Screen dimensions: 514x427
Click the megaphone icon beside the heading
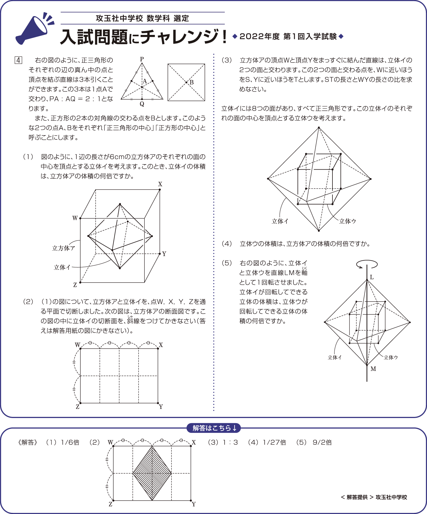pos(34,28)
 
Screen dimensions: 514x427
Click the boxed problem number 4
pos(18,60)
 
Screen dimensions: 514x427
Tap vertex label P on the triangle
pos(142,59)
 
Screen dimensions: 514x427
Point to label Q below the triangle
pos(142,104)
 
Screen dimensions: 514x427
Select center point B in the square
pos(186,82)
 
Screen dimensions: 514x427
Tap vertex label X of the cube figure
pos(160,184)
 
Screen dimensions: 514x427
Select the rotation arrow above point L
pos(367,264)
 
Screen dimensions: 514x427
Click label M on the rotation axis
pos(373,369)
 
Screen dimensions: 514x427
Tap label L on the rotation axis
pos(372,277)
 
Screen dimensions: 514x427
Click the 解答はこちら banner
pos(213,428)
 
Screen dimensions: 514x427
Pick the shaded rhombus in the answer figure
pos(152,473)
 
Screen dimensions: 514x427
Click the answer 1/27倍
pos(274,442)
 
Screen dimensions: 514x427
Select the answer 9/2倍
pos(322,442)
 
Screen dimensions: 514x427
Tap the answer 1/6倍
pos(70,442)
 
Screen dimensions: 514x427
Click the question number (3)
pos(227,60)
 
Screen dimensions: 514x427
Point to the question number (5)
pos(227,263)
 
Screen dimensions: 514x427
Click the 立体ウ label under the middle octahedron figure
pos(348,221)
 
